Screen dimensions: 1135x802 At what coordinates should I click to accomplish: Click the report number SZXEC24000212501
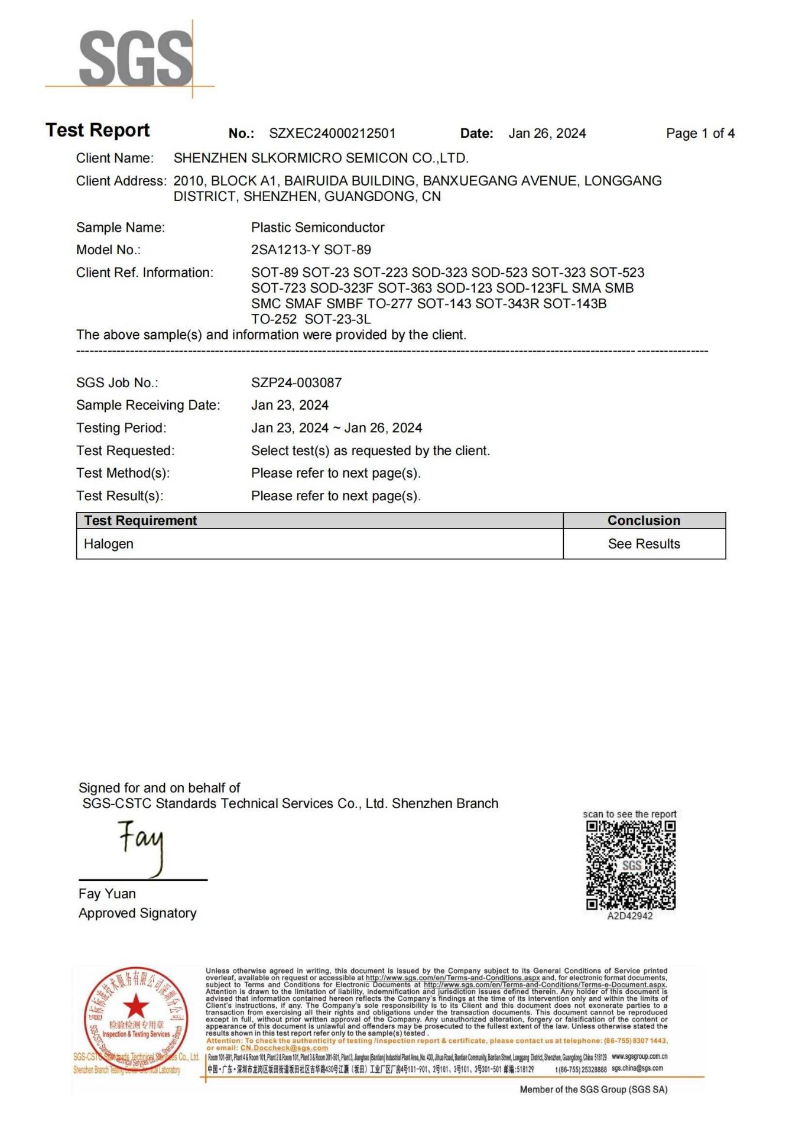point(332,134)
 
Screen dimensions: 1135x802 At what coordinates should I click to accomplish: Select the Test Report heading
point(98,130)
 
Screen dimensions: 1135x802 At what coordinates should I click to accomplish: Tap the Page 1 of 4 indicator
point(700,134)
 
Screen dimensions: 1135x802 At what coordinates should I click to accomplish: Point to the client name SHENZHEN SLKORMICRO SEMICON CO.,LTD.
point(321,158)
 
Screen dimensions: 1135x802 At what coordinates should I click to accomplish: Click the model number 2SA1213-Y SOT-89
point(311,250)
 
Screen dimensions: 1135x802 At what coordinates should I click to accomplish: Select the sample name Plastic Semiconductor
point(317,228)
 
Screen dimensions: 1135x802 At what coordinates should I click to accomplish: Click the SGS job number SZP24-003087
point(296,383)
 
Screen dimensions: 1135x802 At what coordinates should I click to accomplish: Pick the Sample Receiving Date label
point(148,406)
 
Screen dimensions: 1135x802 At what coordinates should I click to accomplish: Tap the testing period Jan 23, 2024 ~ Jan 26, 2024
point(336,428)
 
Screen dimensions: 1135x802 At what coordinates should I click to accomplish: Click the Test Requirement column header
point(140,521)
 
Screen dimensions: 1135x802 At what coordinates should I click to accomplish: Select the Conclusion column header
point(644,521)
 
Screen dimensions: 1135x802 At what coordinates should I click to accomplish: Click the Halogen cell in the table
point(109,544)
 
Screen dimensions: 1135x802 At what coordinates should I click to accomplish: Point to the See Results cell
point(644,544)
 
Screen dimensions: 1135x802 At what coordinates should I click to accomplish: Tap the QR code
point(630,865)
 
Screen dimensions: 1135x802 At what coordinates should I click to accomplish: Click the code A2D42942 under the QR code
point(630,916)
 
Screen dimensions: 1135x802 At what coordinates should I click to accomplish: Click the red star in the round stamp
point(137,1006)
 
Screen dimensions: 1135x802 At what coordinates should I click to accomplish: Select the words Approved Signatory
point(137,913)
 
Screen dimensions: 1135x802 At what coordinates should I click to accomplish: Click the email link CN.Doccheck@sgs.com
point(284,1048)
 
